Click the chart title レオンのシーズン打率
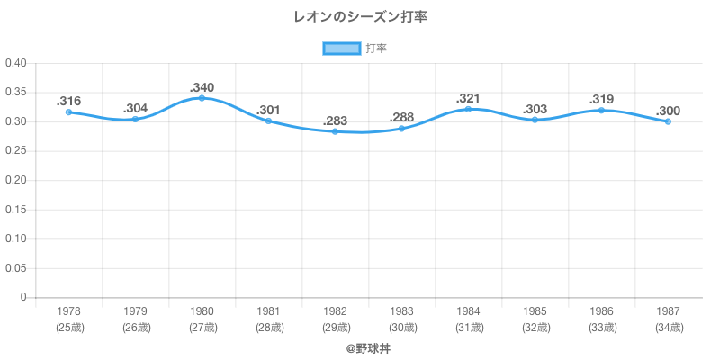tap(359, 17)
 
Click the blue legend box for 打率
tap(341, 49)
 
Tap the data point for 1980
tap(202, 98)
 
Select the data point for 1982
tap(335, 131)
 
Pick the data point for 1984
tap(468, 109)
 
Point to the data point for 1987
tap(668, 121)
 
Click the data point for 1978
tap(68, 112)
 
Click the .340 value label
tap(202, 87)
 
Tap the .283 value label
tap(335, 121)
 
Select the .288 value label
tap(401, 118)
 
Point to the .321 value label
tap(468, 98)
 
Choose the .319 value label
tap(601, 100)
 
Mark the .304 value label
tap(135, 108)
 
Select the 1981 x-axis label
tap(268, 311)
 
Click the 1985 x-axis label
tap(535, 311)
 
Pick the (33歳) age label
tap(601, 328)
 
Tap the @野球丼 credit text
tap(368, 346)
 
